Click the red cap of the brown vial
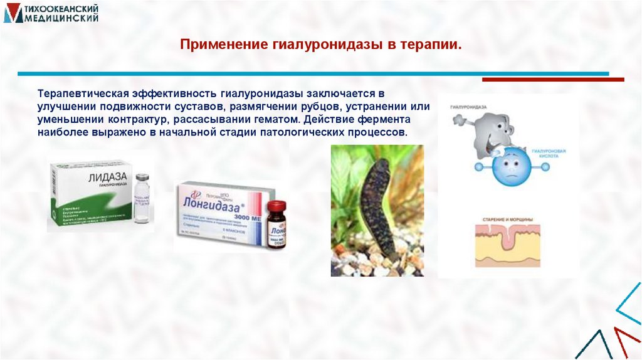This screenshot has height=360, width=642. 276,207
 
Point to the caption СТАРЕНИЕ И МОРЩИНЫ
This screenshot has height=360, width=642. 508,220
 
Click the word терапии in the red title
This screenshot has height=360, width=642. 436,45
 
